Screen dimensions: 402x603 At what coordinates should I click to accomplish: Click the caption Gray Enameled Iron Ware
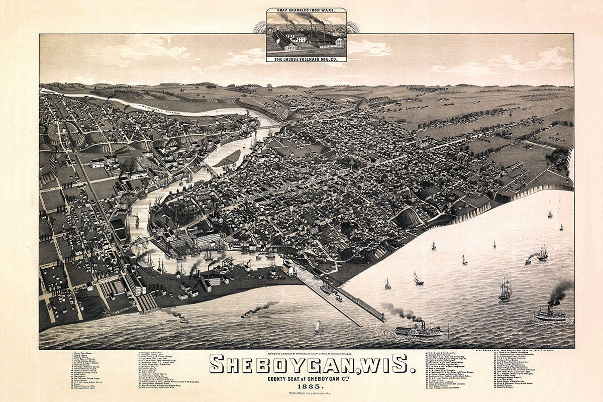pyautogui.click(x=306, y=10)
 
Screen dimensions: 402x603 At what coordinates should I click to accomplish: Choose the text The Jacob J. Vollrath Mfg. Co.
pyautogui.click(x=306, y=58)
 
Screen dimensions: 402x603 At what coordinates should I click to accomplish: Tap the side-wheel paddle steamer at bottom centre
pyautogui.click(x=421, y=330)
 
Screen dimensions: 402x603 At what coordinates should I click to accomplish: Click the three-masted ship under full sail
pyautogui.click(x=505, y=290)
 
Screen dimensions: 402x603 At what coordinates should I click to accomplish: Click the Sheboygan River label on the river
pyautogui.click(x=161, y=109)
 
